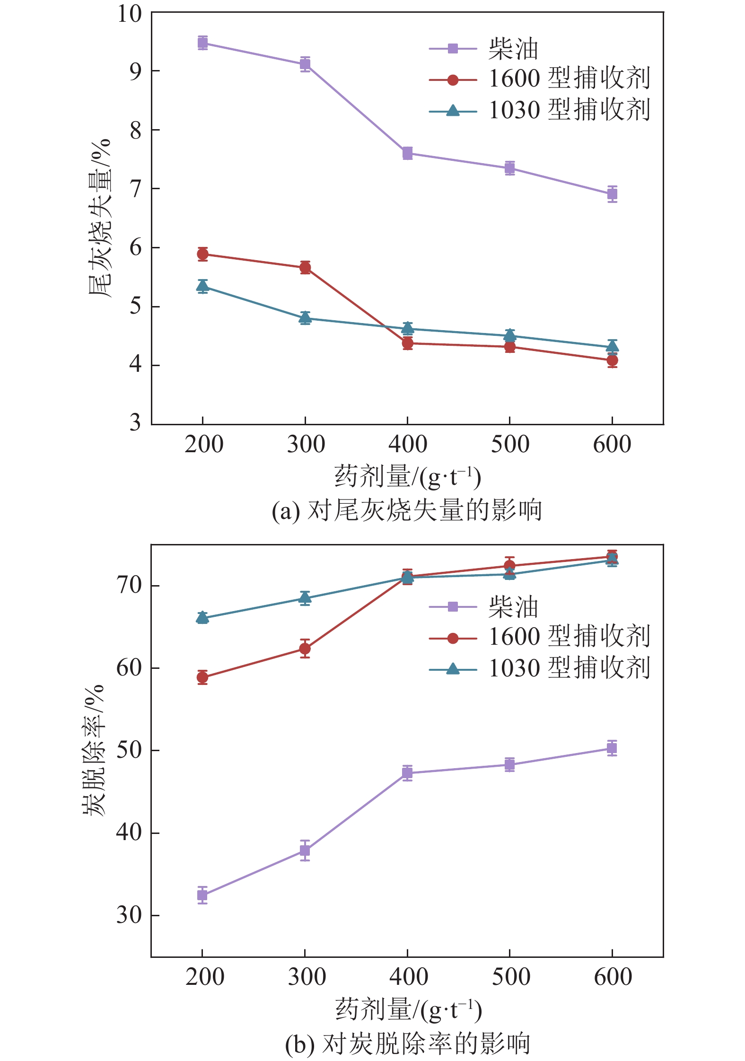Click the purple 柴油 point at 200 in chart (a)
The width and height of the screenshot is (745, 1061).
202,43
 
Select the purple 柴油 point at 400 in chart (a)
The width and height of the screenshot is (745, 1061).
407,153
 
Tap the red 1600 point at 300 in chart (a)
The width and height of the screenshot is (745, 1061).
305,268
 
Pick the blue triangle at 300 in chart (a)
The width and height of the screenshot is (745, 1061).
305,318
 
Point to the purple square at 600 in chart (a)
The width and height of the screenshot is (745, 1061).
612,193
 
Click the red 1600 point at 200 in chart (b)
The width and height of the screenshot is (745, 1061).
202,677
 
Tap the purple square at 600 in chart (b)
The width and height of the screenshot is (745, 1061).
612,748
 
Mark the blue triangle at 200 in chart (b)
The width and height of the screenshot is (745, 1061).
202,617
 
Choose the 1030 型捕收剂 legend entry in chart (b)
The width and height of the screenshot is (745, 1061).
569,668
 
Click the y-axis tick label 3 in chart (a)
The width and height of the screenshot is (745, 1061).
135,422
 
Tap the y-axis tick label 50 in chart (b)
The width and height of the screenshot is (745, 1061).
129,750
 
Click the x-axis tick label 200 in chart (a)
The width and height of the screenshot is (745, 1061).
204,445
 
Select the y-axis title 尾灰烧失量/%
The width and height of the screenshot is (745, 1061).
99,218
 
